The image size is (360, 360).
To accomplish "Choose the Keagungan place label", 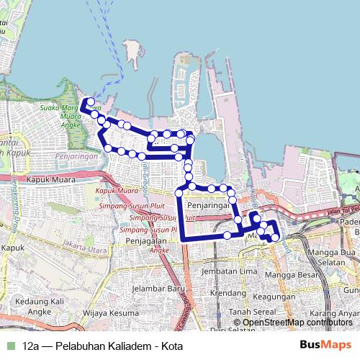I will click(274, 296).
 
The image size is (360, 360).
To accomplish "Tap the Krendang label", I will click(228, 294).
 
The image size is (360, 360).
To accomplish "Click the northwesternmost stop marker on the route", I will click(89, 102).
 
